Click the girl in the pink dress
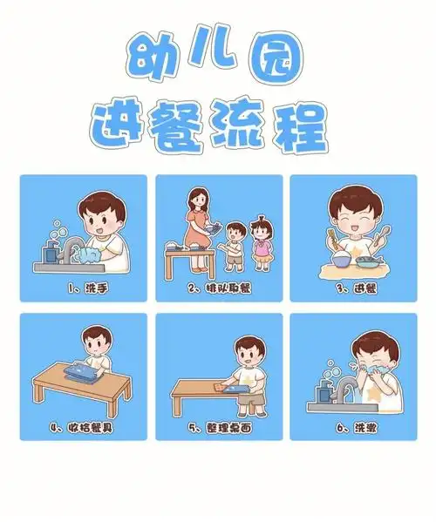(260, 241)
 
